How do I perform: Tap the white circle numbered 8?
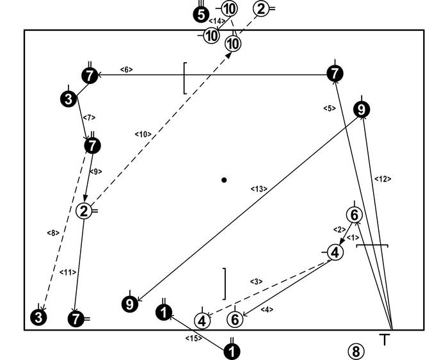point(356,350)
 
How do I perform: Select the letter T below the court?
point(385,340)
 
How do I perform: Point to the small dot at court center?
point(224,180)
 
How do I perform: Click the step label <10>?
point(142,134)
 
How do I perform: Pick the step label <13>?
point(259,188)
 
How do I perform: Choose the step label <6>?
point(126,69)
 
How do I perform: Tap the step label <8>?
point(53,232)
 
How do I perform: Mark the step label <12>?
point(383,179)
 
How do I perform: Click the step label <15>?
point(194,338)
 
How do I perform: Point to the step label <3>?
point(255,281)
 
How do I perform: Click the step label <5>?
point(330,108)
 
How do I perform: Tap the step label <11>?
point(67,272)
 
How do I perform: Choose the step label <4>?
point(266,310)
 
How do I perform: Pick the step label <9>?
point(95,172)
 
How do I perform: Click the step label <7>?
point(89,117)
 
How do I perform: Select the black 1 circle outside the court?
point(232,351)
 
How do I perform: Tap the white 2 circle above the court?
point(261,8)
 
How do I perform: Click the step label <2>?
point(339,229)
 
